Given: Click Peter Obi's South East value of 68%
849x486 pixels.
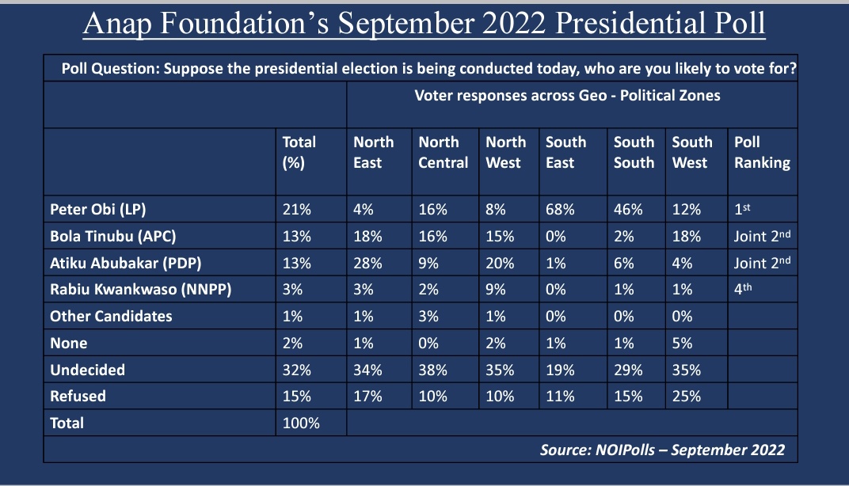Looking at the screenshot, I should [x=560, y=210].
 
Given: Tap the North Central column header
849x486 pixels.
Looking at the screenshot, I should [x=439, y=152].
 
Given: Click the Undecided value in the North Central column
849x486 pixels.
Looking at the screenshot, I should [x=432, y=370].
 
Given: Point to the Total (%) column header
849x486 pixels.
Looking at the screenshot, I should [x=299, y=152].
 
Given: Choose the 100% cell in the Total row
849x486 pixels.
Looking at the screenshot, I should [x=302, y=423].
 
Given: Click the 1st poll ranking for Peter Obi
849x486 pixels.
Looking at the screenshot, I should [x=745, y=210].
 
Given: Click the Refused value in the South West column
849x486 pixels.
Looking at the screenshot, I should [x=686, y=396].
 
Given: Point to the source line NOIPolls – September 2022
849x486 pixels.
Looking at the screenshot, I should [x=662, y=450].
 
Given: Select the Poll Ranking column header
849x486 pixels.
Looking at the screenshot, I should [x=762, y=152].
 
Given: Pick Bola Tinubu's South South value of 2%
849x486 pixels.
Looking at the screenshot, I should [x=623, y=237].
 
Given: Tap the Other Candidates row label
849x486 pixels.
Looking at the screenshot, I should [x=111, y=316].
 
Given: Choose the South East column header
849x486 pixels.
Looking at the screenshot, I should [x=565, y=152].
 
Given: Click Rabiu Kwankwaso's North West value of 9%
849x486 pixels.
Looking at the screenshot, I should [x=496, y=289].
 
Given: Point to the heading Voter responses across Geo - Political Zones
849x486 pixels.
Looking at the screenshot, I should [x=567, y=95].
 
